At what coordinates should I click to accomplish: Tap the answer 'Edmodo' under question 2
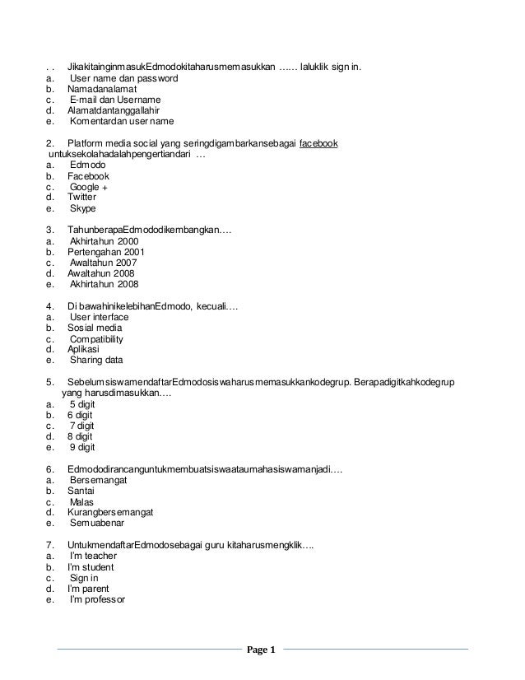point(88,165)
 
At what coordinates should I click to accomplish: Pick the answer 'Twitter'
point(82,198)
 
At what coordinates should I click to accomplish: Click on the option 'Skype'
point(83,209)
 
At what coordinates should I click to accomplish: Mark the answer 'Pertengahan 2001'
point(106,252)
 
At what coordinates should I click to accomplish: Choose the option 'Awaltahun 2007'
point(103,263)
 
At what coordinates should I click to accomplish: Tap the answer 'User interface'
point(99,317)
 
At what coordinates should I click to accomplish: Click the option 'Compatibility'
point(96,338)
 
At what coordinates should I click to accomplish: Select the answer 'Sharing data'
point(95,360)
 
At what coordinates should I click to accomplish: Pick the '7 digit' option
point(82,426)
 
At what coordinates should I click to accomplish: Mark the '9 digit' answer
point(82,447)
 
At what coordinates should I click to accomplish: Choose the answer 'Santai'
point(81,491)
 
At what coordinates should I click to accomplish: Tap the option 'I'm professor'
point(97,599)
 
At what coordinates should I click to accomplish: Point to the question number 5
point(50,382)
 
